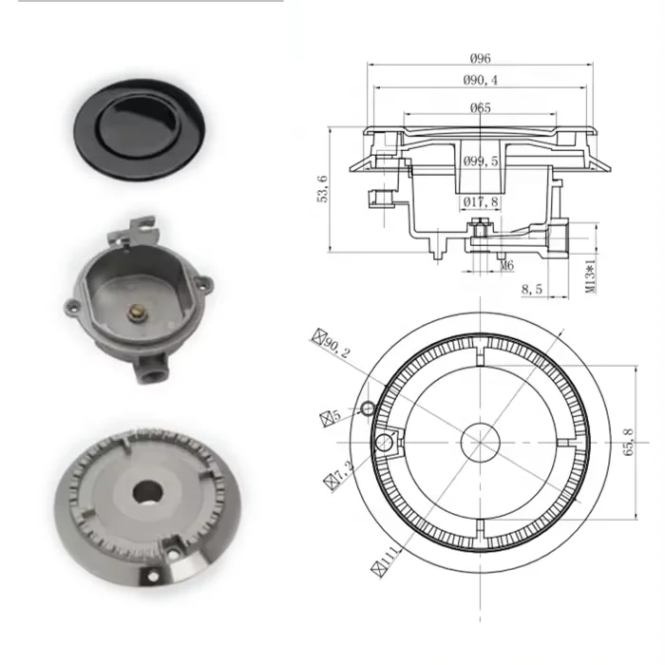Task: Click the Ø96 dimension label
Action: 479,59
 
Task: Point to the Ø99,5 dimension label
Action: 481,162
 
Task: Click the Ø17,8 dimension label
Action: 481,201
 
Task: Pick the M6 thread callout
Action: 507,266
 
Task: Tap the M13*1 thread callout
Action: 590,273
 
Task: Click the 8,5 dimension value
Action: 534,289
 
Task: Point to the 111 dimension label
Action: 384,556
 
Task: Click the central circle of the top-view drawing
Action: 479,443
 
